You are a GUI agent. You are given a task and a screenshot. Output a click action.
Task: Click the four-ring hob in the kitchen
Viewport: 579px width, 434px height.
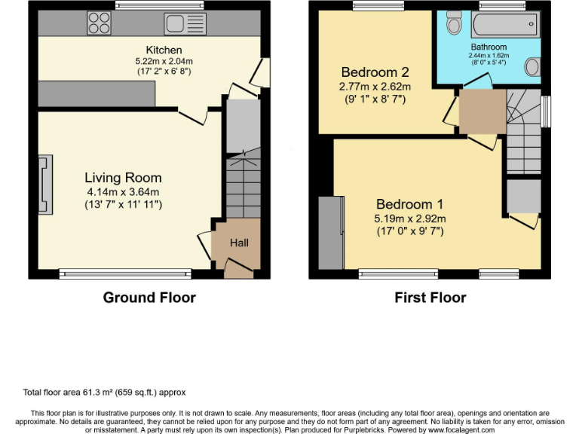click(99, 23)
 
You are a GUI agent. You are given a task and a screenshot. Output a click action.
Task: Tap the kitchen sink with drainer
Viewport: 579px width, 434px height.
click(185, 24)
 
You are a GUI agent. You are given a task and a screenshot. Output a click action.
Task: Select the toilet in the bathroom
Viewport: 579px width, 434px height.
click(454, 22)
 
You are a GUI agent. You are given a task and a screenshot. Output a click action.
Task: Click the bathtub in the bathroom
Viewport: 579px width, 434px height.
click(506, 24)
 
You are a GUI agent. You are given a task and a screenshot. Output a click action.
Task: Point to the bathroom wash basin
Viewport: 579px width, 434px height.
click(533, 67)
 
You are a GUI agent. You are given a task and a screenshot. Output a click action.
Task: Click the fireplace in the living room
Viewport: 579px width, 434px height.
click(45, 185)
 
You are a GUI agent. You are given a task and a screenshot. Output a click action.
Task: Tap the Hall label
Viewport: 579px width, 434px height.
click(239, 243)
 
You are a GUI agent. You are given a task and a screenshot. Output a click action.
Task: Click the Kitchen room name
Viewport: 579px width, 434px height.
click(164, 50)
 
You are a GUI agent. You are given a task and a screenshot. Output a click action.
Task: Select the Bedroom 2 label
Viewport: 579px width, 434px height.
click(375, 72)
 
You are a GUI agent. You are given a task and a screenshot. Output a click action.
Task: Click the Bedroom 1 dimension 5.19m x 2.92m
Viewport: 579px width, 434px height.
click(410, 219)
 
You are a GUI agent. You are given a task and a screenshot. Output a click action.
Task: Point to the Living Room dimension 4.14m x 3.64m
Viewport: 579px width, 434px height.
click(124, 192)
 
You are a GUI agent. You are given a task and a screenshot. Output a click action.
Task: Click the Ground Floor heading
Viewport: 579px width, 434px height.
click(149, 298)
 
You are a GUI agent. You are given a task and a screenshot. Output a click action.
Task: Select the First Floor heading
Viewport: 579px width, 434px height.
click(430, 298)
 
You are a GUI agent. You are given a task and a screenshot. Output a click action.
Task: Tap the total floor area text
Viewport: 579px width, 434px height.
click(105, 393)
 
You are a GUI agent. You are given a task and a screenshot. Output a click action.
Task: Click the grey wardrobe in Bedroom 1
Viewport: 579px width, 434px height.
click(332, 233)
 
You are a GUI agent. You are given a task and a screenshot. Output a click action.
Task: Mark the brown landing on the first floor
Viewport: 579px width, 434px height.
click(482, 112)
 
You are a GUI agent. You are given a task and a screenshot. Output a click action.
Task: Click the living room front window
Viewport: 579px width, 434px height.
click(125, 274)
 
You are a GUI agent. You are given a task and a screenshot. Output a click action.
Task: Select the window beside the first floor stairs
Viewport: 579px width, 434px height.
click(546, 112)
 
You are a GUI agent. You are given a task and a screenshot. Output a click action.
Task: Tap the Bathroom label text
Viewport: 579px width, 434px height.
click(489, 47)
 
